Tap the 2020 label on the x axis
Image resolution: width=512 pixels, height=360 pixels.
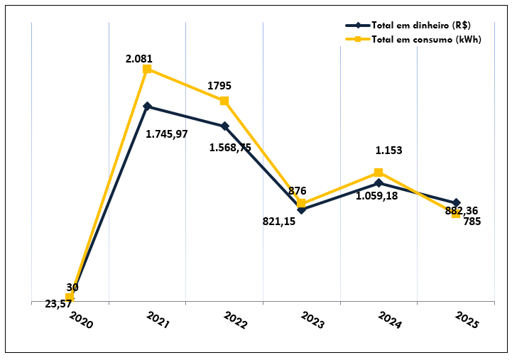81,321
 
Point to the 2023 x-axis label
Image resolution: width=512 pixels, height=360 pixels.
312,321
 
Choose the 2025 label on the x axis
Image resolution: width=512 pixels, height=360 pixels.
466,321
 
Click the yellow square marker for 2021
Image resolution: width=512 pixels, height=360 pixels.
147,69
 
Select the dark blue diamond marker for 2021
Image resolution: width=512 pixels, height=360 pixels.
147,107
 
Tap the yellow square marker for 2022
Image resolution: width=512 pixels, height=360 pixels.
224,101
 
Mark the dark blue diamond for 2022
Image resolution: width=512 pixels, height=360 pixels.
224,126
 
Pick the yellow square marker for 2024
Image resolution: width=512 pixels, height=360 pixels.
378,173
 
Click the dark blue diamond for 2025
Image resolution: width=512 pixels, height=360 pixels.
456,203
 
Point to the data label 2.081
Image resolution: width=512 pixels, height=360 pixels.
139,58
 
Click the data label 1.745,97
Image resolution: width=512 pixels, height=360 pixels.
166,133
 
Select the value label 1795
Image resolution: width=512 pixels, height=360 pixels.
219,86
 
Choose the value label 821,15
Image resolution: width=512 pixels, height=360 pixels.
279,221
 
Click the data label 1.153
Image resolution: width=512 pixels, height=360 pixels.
389,151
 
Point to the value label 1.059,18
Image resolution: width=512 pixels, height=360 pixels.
377,195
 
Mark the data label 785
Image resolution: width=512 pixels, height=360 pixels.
472,222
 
